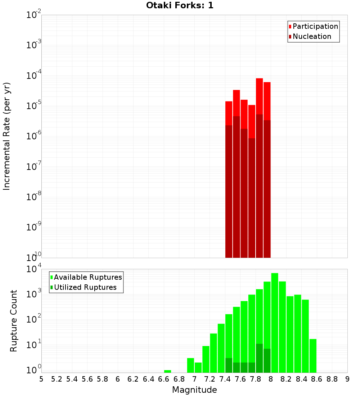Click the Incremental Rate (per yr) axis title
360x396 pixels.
coord(7,136)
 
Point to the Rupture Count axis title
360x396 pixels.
coord(14,321)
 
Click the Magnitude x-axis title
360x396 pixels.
coord(194,390)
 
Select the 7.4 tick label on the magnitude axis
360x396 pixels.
coord(225,379)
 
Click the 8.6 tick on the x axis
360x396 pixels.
coord(317,379)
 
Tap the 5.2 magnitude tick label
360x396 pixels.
coord(57,379)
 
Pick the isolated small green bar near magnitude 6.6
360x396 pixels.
coord(167,371)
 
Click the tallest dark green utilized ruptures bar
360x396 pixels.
coord(259,358)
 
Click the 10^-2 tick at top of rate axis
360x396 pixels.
coord(34,15)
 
